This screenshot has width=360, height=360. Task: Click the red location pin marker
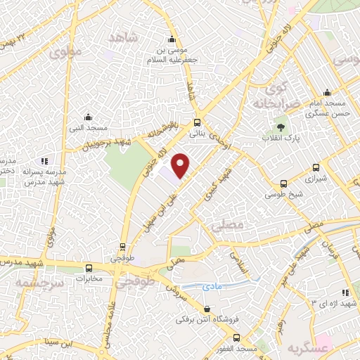tap(181, 166)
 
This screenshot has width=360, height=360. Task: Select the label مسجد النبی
tap(91, 128)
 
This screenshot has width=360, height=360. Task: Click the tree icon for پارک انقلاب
tap(281, 127)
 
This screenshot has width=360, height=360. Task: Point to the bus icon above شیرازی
tap(316, 168)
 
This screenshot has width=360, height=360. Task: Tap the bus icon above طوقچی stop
tap(123, 247)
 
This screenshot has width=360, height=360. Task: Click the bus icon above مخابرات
tap(89, 268)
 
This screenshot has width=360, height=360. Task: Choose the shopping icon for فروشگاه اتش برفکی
tap(207, 309)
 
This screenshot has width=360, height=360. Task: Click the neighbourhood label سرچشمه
tap(41, 281)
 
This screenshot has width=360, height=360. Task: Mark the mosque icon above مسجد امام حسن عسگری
tap(326, 93)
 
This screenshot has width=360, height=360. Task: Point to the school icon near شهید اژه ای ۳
tap(345, 292)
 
